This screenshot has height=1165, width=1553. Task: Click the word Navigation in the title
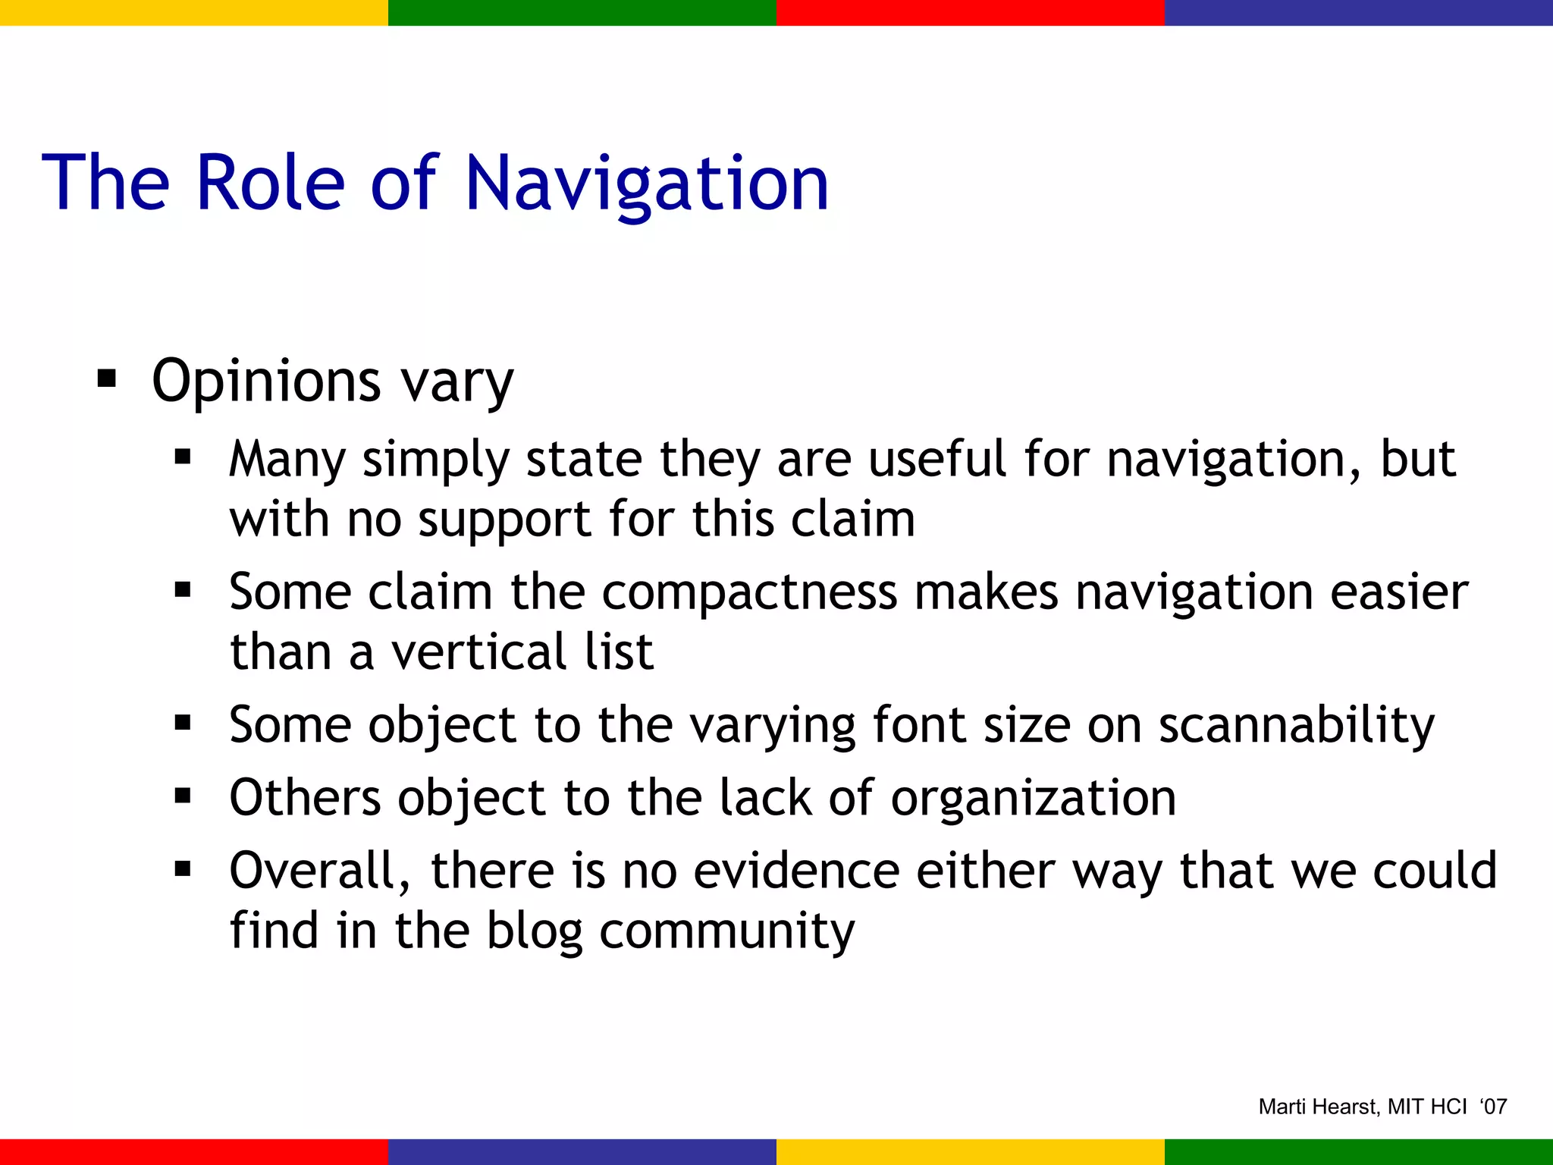(x=647, y=184)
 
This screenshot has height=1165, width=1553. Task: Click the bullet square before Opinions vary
(x=107, y=377)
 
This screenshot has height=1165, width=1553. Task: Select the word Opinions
(x=265, y=382)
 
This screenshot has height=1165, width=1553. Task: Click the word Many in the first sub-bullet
(x=287, y=460)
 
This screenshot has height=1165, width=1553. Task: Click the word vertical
(x=478, y=652)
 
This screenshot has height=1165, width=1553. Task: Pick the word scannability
(x=1297, y=725)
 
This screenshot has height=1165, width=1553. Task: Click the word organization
(x=1033, y=798)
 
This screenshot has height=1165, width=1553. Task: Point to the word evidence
(x=796, y=870)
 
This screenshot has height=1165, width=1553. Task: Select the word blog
(x=534, y=931)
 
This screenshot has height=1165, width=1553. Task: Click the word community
(x=726, y=931)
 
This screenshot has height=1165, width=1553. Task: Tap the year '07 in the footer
(x=1493, y=1107)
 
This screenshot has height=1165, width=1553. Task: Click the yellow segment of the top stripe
(x=194, y=12)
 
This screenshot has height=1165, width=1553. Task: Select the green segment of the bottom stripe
(x=1359, y=1151)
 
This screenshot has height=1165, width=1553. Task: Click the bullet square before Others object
(x=183, y=796)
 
